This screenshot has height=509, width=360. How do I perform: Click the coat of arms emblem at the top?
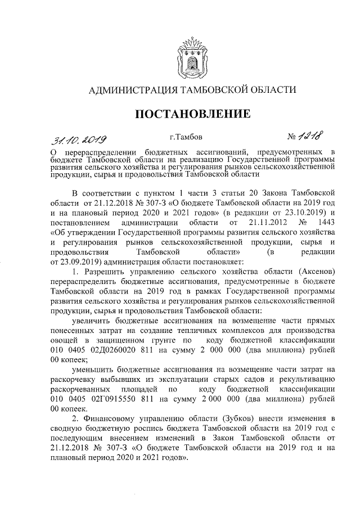191,55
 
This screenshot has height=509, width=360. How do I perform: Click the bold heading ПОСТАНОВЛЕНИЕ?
191,114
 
